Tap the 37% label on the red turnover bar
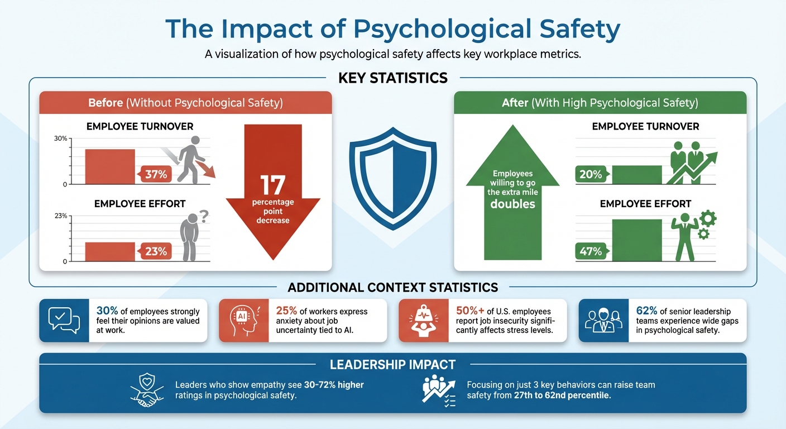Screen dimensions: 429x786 [x=156, y=174]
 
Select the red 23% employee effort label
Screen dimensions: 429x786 [x=156, y=251]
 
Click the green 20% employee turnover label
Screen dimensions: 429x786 [x=590, y=174]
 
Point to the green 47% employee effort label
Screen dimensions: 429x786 [x=590, y=251]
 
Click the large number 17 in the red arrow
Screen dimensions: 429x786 [x=273, y=185]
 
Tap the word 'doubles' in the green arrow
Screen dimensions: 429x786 [x=512, y=204]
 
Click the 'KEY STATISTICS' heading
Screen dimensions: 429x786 [x=393, y=78]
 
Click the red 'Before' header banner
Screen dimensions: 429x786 [x=185, y=103]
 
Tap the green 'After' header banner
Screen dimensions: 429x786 [x=600, y=103]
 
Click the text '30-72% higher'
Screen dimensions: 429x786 [x=334, y=385]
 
